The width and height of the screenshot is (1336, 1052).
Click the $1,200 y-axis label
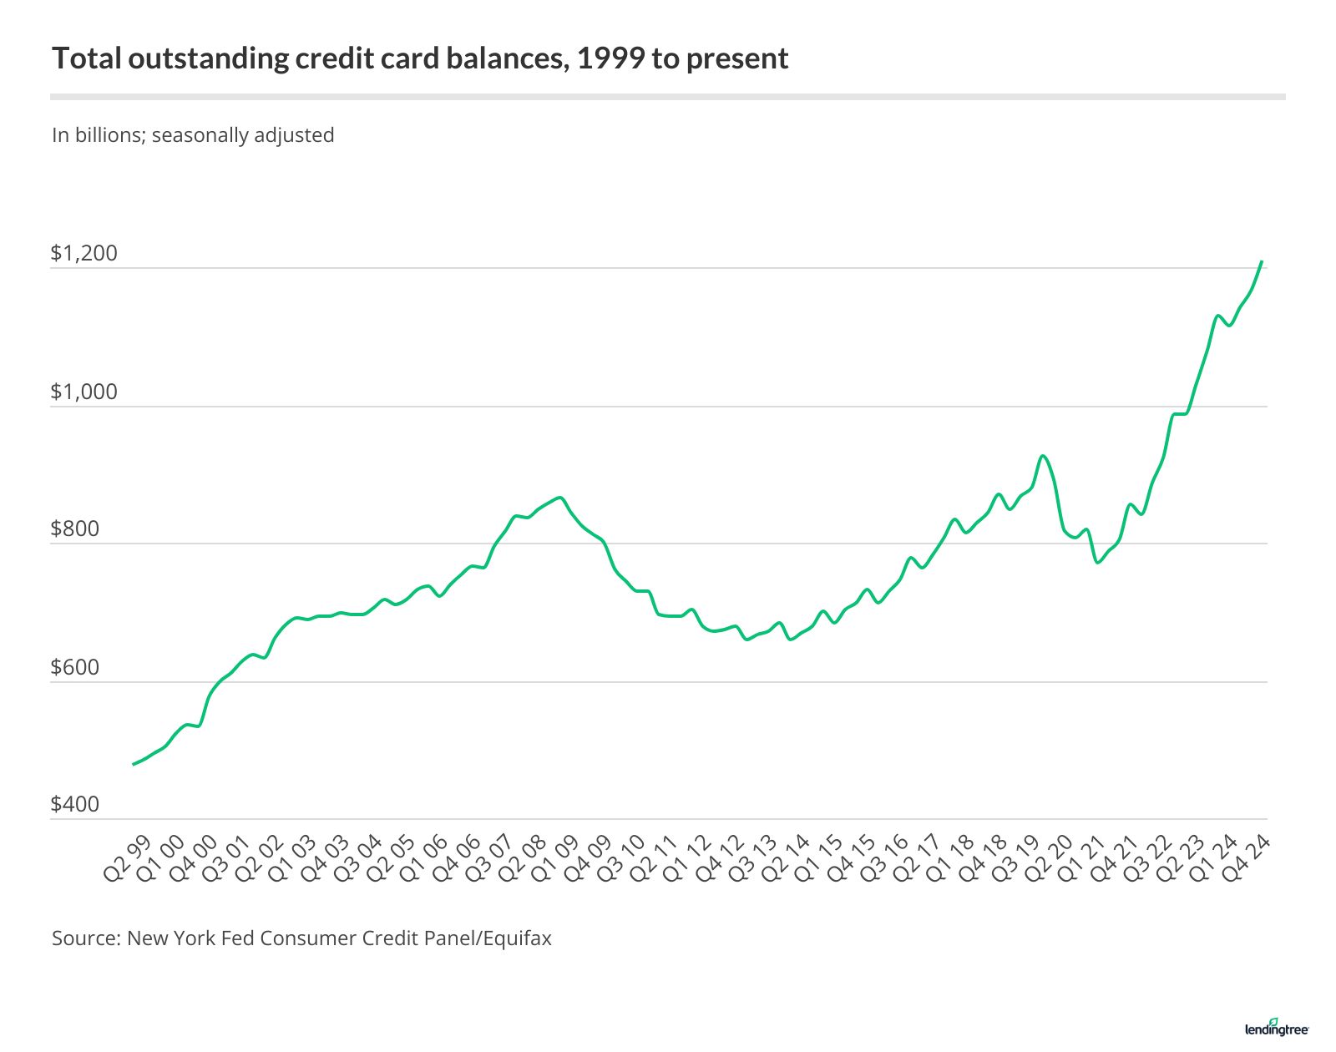(84, 253)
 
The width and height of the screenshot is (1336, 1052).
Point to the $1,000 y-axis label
(84, 392)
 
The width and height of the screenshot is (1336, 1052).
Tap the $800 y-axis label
(75, 529)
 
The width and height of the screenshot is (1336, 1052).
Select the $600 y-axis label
(75, 667)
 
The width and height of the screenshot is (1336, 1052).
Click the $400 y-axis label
(75, 804)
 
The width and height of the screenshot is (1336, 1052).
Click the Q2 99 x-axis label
(128, 858)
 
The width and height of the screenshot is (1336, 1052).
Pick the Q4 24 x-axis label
(1247, 858)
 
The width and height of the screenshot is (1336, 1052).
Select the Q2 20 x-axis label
(1049, 858)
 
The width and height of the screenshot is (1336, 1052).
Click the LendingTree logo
(1277, 1028)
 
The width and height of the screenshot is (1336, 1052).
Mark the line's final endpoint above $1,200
(1262, 261)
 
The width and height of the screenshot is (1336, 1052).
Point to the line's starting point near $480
(134, 764)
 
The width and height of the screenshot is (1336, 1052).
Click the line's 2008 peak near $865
(559, 498)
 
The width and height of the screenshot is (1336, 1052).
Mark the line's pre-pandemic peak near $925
(1042, 456)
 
